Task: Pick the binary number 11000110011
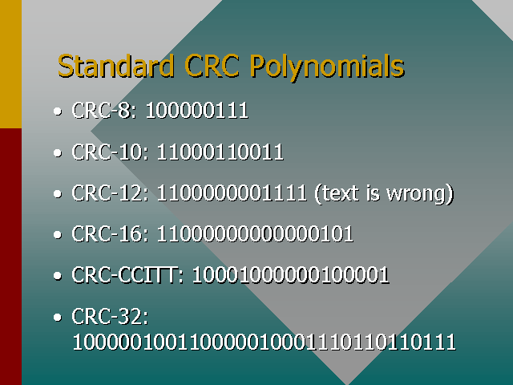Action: pos(220,152)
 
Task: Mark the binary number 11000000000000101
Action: pos(255,234)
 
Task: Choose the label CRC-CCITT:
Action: pos(129,276)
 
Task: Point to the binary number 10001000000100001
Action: pos(290,276)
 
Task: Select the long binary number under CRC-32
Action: pos(265,342)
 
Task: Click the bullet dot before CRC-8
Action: pos(57,111)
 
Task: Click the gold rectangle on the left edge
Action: pos(10,64)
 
